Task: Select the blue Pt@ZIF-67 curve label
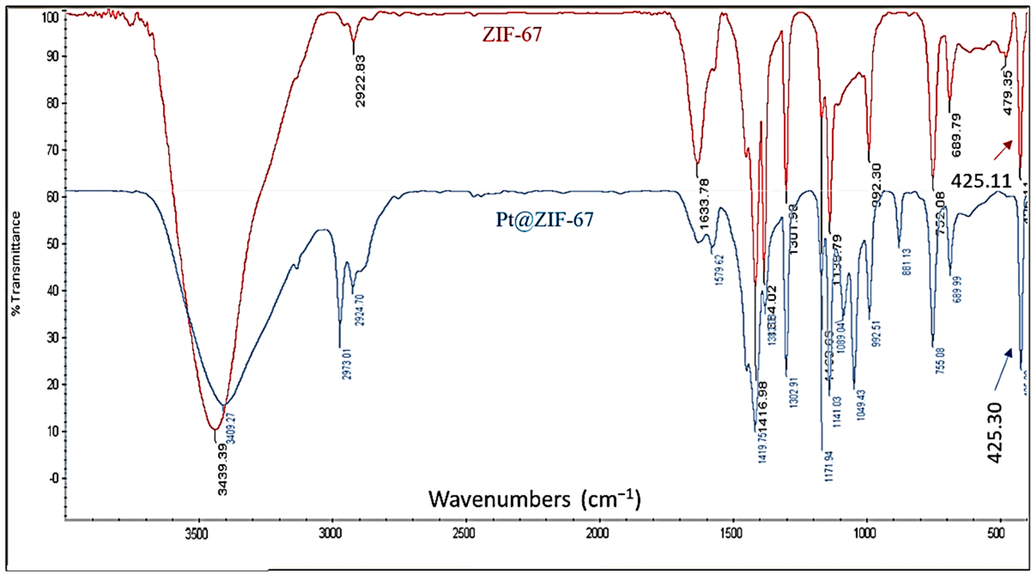(x=544, y=220)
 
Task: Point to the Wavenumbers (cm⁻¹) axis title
(x=535, y=499)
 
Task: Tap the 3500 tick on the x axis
(x=198, y=534)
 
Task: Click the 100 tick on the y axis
(x=51, y=18)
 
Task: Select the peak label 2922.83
(x=361, y=81)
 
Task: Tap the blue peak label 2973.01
(x=347, y=364)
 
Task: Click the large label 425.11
(x=981, y=181)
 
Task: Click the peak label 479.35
(x=1008, y=93)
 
